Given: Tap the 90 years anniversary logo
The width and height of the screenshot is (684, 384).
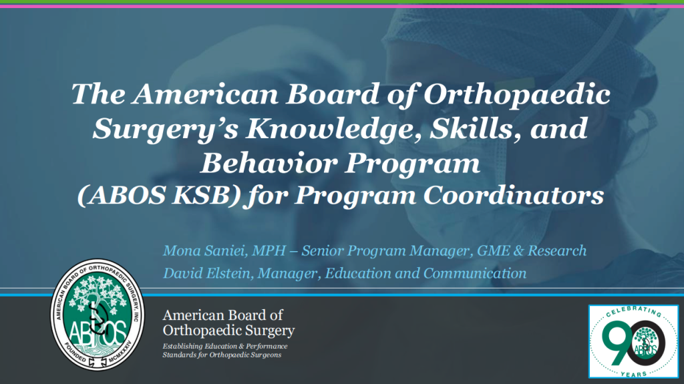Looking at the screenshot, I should click(633, 341).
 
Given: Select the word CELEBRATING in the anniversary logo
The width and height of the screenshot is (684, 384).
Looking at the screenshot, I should click(632, 314).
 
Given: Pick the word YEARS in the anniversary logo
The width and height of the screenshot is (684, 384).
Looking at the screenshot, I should click(633, 371).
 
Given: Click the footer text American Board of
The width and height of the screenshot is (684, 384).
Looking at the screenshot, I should click(223, 316).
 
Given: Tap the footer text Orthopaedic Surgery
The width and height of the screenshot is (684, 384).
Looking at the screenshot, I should click(228, 331).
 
